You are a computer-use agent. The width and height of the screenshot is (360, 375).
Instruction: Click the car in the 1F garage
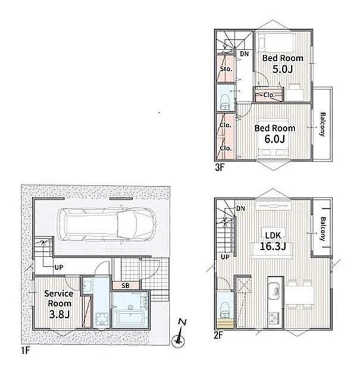coord(107,224)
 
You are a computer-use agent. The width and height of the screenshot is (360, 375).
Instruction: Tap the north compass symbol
coord(179,334)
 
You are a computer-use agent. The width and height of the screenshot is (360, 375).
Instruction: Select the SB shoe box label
coord(126,285)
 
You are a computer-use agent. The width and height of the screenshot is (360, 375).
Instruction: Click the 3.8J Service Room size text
coord(60,314)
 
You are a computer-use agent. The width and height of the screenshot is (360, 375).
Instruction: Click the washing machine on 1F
coord(102,319)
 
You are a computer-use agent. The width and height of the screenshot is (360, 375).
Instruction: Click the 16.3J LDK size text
coord(273,246)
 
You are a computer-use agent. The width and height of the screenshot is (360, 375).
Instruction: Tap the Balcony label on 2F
coord(323,229)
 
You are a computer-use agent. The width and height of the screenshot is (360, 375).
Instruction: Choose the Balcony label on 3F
coord(323,124)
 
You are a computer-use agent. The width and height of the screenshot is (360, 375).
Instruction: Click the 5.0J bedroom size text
coord(283,69)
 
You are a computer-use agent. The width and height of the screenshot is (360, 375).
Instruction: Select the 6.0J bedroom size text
coord(274,139)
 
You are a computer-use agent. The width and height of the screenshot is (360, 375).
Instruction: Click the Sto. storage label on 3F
coord(226,69)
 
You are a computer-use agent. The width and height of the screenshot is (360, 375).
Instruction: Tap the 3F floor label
coord(220,167)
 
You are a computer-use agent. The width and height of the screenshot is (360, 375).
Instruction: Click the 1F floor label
coord(26,351)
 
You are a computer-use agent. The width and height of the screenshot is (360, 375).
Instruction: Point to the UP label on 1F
coord(58,267)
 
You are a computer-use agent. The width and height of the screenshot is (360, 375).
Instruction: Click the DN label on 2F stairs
coord(241,208)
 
